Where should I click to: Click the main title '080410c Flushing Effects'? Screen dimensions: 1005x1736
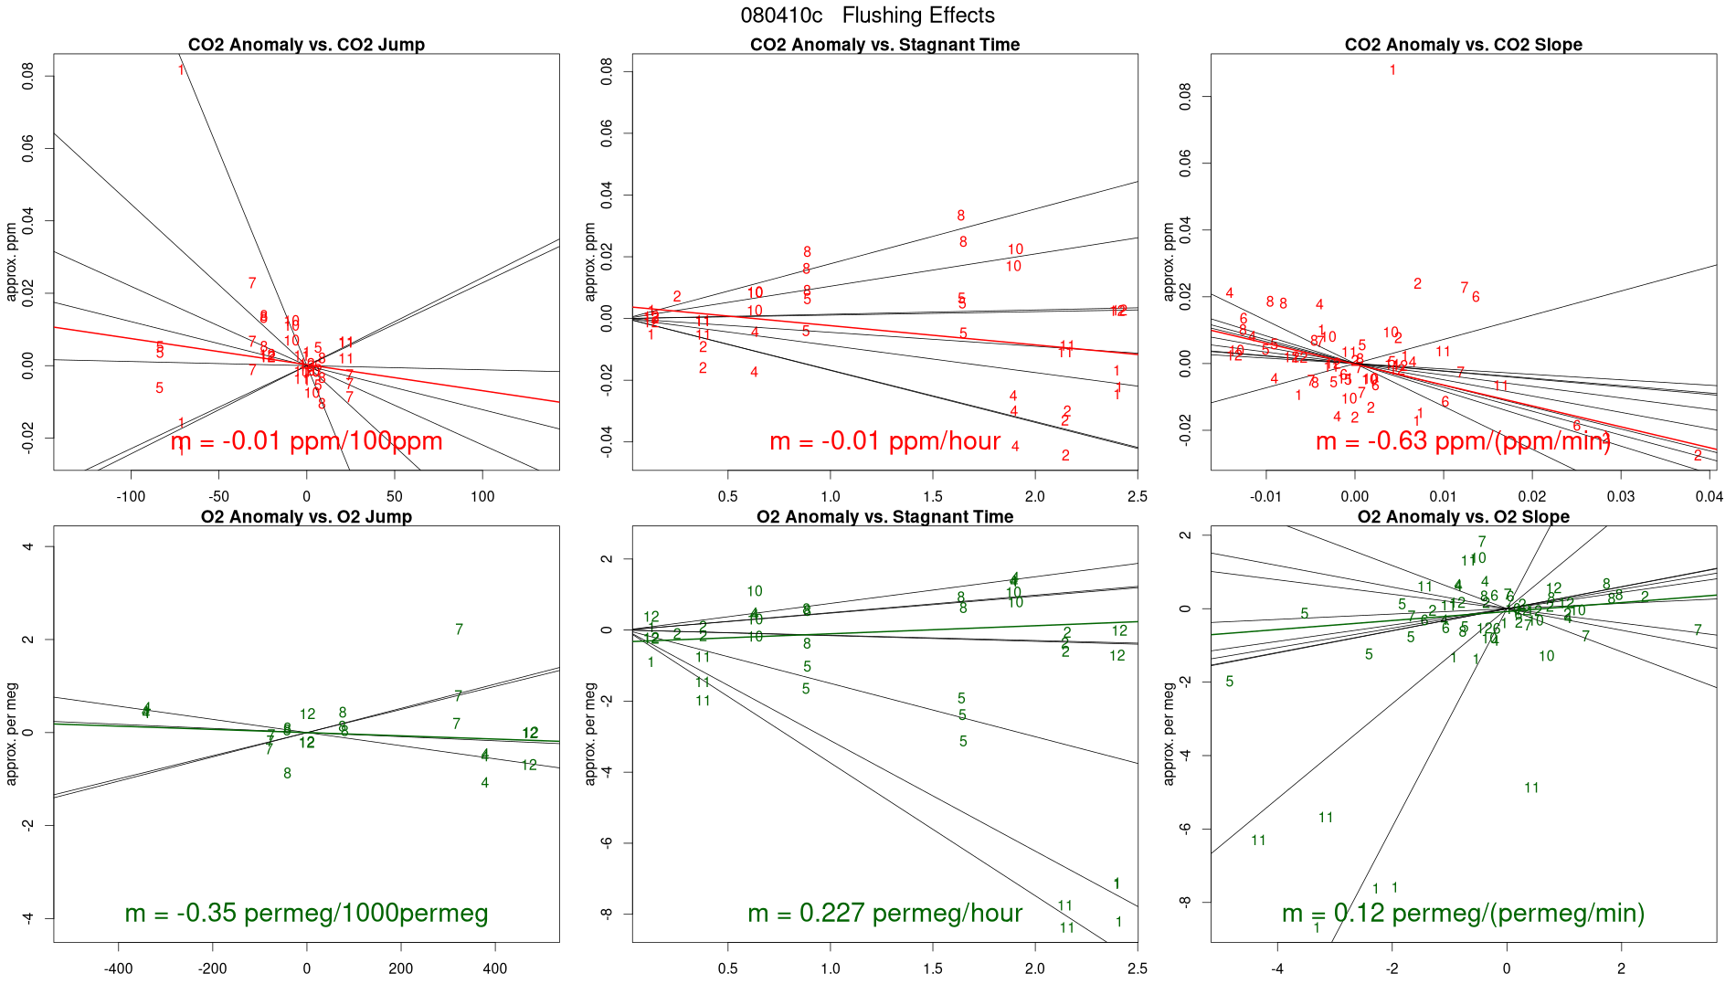pos(867,16)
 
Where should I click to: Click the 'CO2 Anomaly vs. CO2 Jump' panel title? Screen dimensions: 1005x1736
pos(306,45)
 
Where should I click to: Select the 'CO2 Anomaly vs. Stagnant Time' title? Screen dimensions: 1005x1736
pos(884,45)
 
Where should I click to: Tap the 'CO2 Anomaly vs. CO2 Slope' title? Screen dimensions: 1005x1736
pos(1463,45)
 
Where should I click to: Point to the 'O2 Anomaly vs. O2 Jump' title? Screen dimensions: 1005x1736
pos(306,517)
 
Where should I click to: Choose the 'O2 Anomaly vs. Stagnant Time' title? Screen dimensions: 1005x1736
pos(884,517)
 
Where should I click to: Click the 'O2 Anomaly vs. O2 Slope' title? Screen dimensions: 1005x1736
pos(1463,517)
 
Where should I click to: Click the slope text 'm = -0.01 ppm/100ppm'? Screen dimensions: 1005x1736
pos(306,441)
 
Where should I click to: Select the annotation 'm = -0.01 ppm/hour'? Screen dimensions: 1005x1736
pos(884,441)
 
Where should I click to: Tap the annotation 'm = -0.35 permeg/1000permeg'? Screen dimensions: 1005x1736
pos(306,914)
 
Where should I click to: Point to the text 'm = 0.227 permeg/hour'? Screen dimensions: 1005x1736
pos(884,914)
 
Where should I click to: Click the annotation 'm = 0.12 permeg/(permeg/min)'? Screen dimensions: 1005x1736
pos(1463,914)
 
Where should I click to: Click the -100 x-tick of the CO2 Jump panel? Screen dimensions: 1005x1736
pos(131,497)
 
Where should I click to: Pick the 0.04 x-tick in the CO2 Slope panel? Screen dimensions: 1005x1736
pos(1708,497)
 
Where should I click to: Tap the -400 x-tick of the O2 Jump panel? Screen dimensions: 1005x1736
pos(118,969)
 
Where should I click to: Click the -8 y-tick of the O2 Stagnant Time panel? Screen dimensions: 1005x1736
pos(607,914)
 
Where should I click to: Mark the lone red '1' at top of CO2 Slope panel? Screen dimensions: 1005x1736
pos(1392,70)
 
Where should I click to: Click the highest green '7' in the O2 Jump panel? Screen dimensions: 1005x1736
pos(459,629)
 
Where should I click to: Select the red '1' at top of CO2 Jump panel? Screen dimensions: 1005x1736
pos(181,70)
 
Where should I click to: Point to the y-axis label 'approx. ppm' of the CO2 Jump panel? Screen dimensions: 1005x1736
pos(12,262)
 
